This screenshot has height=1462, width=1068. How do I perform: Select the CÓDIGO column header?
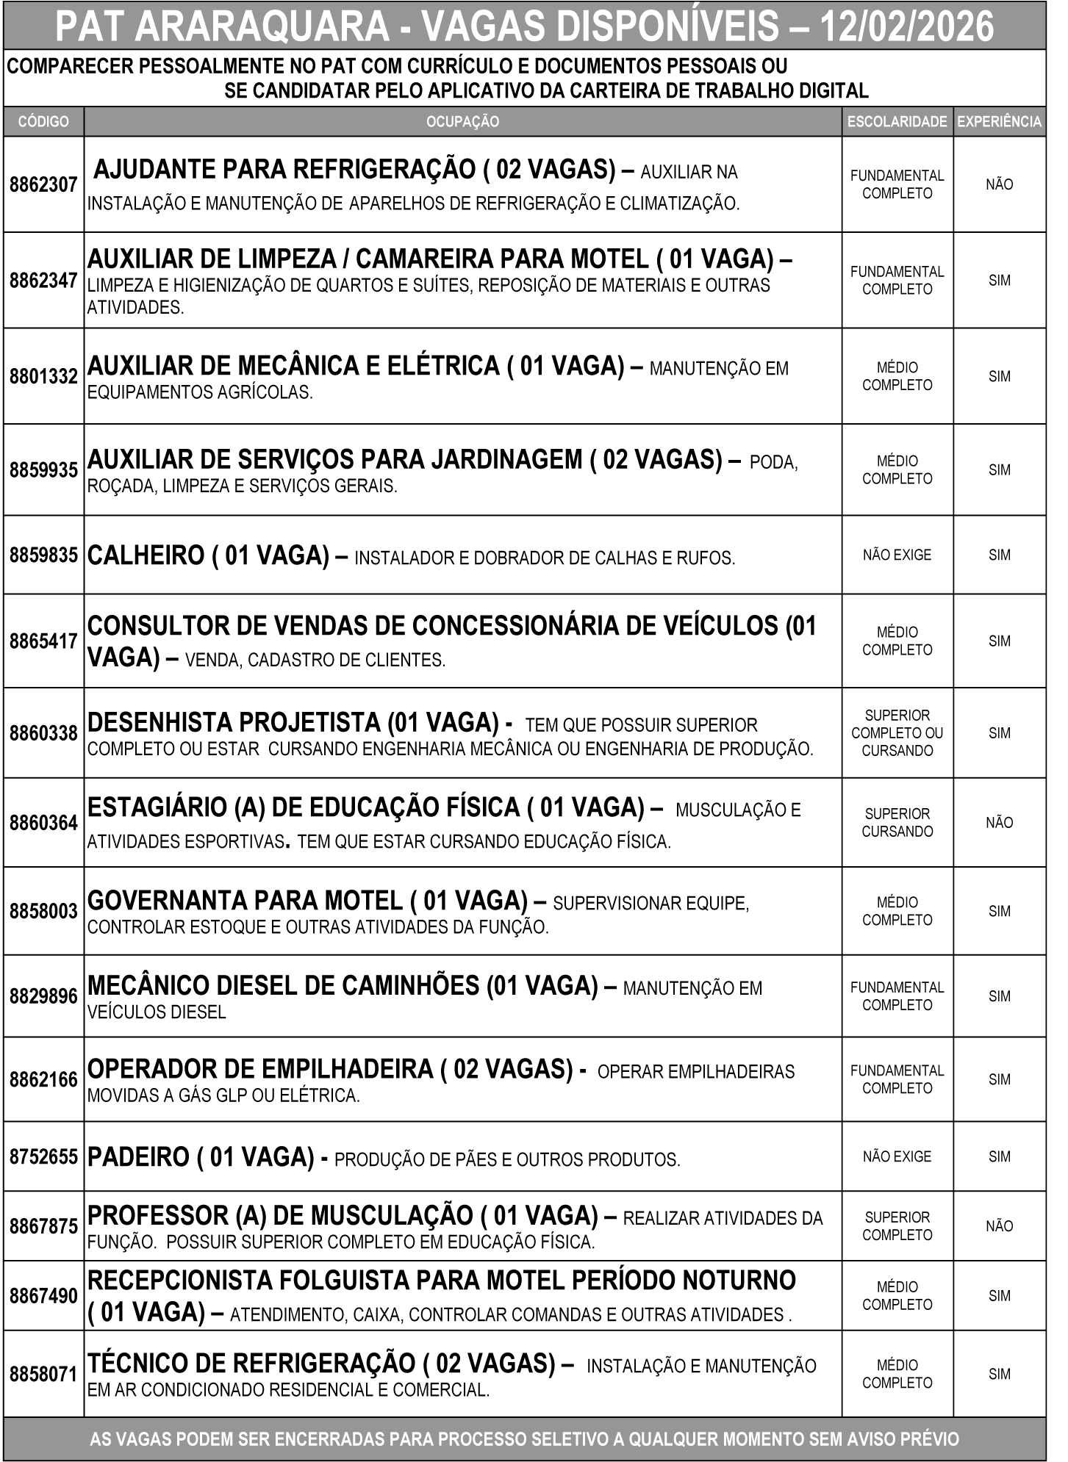pos(43,122)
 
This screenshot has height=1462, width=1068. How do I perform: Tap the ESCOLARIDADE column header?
pos(897,122)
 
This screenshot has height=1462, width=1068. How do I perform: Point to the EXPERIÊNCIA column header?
pos(999,122)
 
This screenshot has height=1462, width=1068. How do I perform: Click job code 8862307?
pos(43,184)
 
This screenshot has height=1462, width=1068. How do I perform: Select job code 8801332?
pos(43,376)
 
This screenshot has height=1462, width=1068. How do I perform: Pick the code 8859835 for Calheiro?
pos(43,555)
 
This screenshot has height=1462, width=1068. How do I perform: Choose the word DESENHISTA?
pos(159,722)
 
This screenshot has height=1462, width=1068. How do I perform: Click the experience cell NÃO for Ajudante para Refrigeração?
pos(999,184)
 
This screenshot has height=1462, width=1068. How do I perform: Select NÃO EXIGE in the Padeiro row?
pos(897,1156)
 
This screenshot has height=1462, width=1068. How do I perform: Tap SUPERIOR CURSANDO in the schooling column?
pos(897,823)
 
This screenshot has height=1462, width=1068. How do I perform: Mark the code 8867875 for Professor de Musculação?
pos(43,1226)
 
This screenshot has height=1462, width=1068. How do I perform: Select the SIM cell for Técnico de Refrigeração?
pos(999,1374)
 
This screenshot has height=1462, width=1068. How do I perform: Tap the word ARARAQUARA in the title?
pos(262,27)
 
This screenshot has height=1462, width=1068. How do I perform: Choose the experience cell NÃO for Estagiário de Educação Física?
pos(999,823)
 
